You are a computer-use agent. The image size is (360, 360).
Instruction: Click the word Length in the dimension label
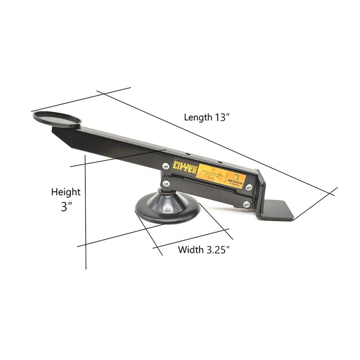(198, 117)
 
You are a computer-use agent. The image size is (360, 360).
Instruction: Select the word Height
(66, 192)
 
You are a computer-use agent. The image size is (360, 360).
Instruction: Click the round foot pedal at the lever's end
(57, 119)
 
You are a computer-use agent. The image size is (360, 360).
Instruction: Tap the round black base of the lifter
(167, 209)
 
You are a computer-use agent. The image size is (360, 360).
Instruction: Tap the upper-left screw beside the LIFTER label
(166, 166)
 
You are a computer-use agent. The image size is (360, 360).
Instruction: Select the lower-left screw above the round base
(166, 183)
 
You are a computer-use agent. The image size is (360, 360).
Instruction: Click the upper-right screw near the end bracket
(249, 187)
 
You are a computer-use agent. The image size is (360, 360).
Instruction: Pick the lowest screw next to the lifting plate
(246, 204)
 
